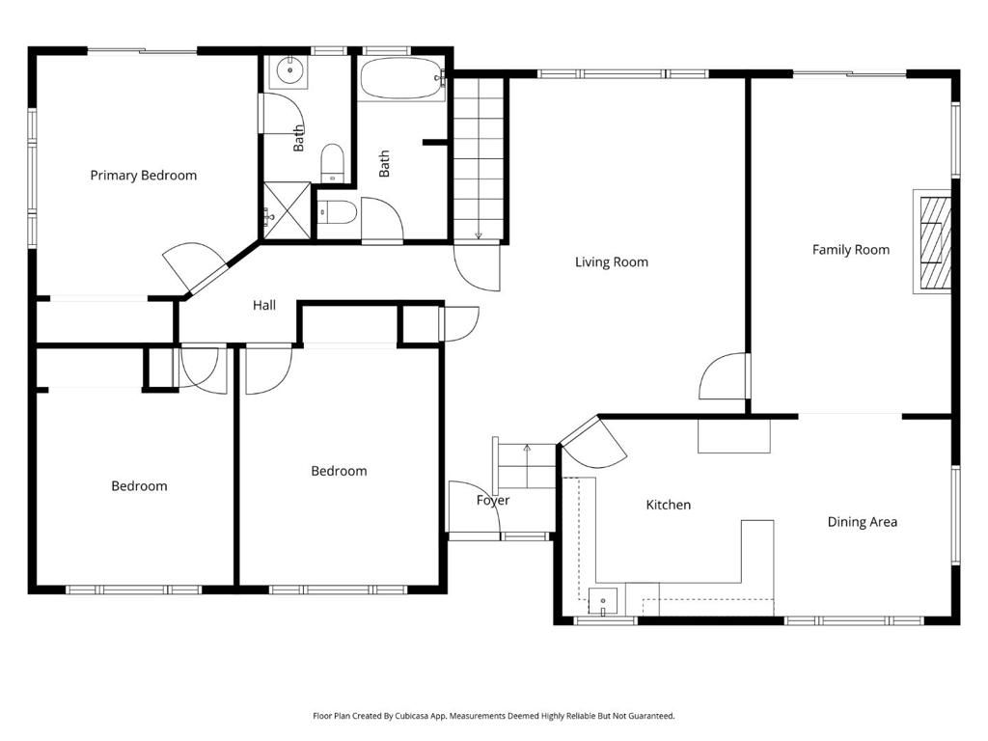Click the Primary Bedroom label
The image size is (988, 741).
pos(143,175)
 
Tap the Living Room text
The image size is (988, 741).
pos(611,261)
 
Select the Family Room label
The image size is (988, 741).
pos(850,249)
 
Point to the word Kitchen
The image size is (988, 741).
pos(668,505)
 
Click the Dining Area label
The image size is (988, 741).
pos(862,522)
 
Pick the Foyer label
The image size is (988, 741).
pos(492,500)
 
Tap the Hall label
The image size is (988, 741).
pos(263,305)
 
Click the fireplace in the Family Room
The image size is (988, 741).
pos(933,241)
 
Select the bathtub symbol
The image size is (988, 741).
pos(400,79)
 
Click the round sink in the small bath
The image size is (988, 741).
pos(288,70)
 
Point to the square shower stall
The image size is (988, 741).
pos(286,209)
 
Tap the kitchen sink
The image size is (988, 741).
pos(602,600)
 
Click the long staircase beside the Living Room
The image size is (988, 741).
pos(479,159)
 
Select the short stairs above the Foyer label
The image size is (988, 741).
pos(526,467)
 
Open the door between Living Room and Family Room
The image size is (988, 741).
pos(726,377)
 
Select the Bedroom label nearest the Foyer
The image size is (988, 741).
pos(339,471)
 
